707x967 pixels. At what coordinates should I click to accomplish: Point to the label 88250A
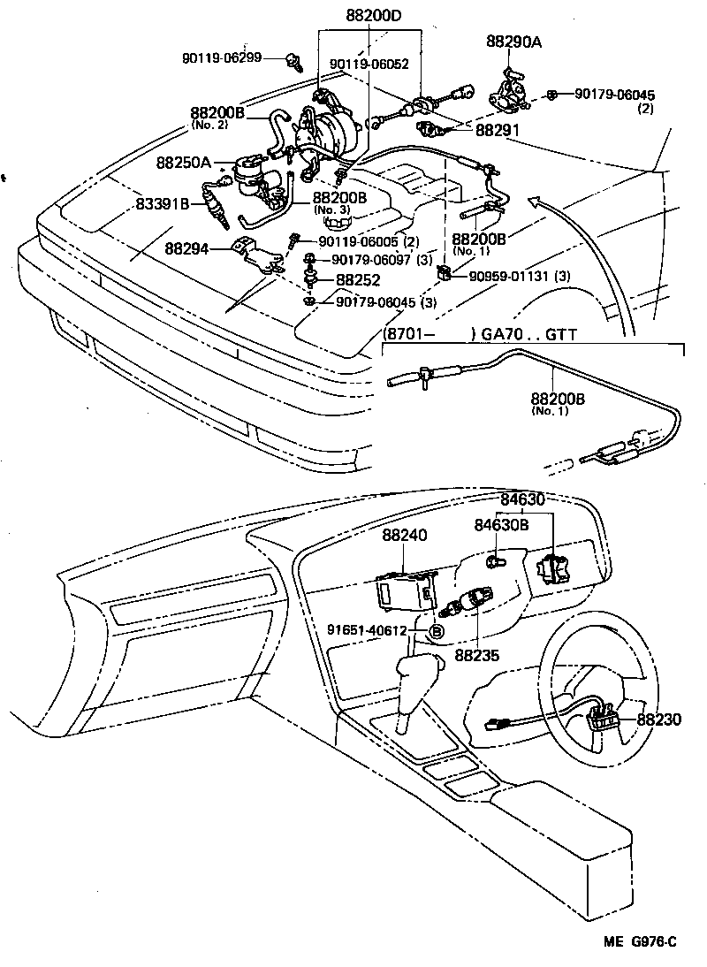(x=185, y=163)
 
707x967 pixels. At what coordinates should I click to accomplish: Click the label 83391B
(x=163, y=205)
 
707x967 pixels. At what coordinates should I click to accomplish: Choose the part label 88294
(x=186, y=249)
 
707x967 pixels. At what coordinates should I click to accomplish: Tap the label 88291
(x=499, y=129)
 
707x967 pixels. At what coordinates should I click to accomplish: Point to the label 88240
(x=405, y=537)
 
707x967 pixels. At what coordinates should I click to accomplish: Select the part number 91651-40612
(x=367, y=630)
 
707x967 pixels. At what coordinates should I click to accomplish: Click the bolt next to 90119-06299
(x=294, y=62)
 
